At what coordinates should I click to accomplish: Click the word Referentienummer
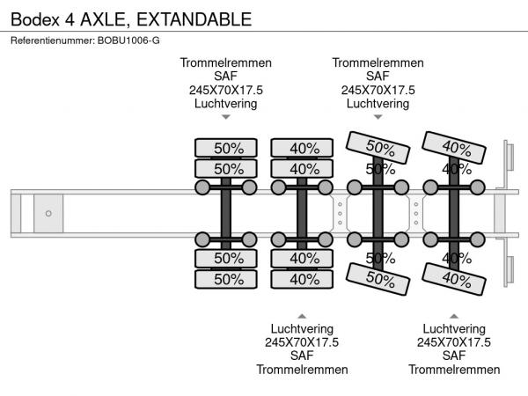click(x=49, y=40)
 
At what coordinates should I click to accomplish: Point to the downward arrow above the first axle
click(x=226, y=117)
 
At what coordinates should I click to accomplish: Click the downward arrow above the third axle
click(x=378, y=117)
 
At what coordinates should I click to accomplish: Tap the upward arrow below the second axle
click(x=302, y=316)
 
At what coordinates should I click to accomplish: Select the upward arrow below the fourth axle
click(x=454, y=316)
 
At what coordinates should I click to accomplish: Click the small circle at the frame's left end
click(x=48, y=213)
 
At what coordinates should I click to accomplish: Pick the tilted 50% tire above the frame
click(x=379, y=147)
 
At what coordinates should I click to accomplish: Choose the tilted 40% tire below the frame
click(x=454, y=279)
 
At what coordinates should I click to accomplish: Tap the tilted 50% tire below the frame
click(x=378, y=279)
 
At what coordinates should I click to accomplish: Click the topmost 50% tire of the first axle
click(x=226, y=147)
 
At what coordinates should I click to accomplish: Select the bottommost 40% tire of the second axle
click(x=303, y=279)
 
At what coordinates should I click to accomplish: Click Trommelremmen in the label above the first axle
click(x=226, y=62)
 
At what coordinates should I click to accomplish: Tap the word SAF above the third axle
click(x=378, y=77)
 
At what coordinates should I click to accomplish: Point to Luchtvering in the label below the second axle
click(x=302, y=329)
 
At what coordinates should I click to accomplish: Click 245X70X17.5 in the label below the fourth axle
click(x=454, y=342)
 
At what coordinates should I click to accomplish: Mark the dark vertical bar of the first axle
click(x=226, y=213)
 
